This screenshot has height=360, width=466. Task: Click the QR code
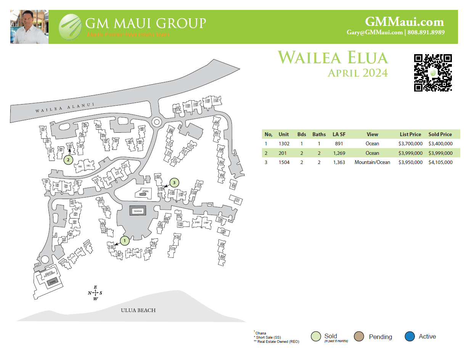(433, 72)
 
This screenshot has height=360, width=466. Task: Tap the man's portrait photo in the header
(29, 27)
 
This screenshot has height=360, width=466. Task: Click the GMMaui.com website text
(404, 22)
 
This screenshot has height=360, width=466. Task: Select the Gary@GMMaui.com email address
(374, 32)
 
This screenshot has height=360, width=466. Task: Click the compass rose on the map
(95, 293)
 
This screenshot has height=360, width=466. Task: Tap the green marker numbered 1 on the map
(125, 241)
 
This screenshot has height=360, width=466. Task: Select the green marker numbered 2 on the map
(68, 160)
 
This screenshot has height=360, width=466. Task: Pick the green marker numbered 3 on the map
(174, 183)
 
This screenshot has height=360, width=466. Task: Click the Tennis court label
(137, 211)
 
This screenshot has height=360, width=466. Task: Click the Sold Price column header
(440, 134)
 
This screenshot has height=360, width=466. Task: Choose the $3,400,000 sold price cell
(440, 144)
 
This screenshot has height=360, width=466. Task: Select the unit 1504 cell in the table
(284, 162)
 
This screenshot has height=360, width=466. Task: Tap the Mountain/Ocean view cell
(372, 162)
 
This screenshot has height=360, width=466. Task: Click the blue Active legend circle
(410, 337)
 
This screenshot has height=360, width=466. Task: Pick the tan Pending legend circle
(358, 337)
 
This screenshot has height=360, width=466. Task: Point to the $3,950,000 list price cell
(410, 162)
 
